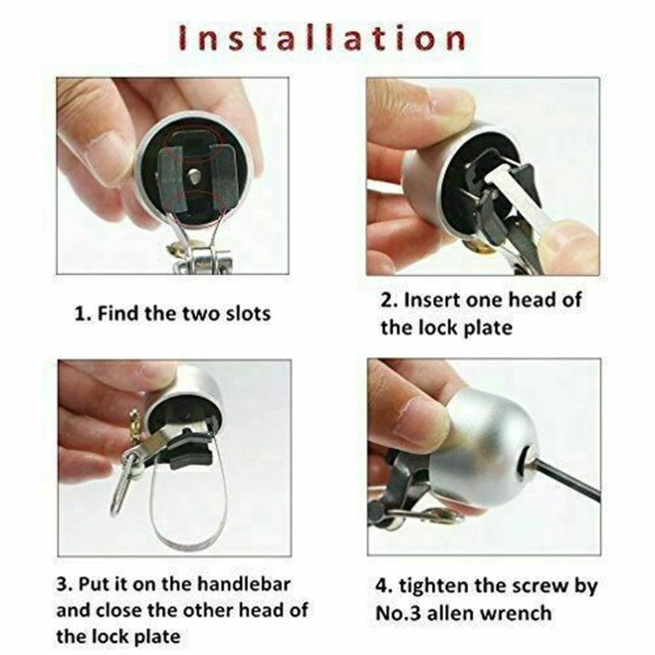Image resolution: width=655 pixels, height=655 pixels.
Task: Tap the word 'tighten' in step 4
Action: point(439,586)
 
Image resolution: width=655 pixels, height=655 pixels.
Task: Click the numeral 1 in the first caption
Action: point(79,314)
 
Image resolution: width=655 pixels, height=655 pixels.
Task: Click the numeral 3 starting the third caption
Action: point(62,585)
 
